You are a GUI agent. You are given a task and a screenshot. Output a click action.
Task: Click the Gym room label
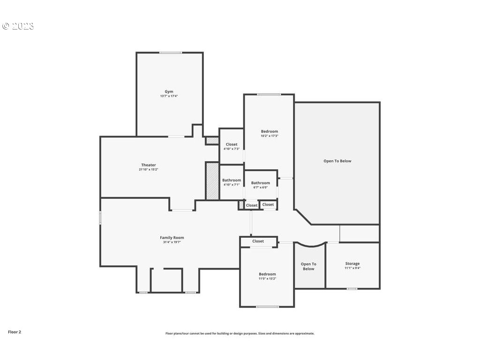(x=169, y=91)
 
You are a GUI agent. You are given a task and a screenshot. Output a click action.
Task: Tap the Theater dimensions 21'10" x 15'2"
(x=149, y=170)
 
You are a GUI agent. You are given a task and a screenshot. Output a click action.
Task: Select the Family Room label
(x=172, y=238)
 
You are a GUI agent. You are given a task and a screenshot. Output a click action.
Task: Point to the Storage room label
(x=352, y=263)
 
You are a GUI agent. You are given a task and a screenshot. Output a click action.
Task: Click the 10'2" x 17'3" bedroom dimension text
(x=269, y=136)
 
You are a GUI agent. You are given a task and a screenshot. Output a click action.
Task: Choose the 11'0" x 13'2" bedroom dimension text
(x=267, y=278)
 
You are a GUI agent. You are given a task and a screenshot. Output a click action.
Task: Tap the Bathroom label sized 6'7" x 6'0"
(x=260, y=183)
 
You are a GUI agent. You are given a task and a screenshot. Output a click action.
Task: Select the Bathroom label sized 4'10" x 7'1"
(x=232, y=180)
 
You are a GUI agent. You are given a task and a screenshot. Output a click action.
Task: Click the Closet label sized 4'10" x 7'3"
(x=232, y=144)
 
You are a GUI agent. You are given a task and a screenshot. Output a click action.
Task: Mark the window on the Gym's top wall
(x=170, y=52)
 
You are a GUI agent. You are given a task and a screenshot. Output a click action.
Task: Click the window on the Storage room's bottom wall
(x=352, y=289)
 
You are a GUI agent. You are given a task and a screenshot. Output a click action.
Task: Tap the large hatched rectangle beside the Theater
(x=212, y=181)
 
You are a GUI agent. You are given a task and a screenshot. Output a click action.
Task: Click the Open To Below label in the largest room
(x=337, y=161)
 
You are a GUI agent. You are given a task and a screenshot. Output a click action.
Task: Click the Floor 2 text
(x=15, y=332)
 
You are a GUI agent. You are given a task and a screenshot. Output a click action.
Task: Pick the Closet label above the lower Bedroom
(x=258, y=241)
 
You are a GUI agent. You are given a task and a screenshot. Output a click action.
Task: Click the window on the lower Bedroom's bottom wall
(x=267, y=307)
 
